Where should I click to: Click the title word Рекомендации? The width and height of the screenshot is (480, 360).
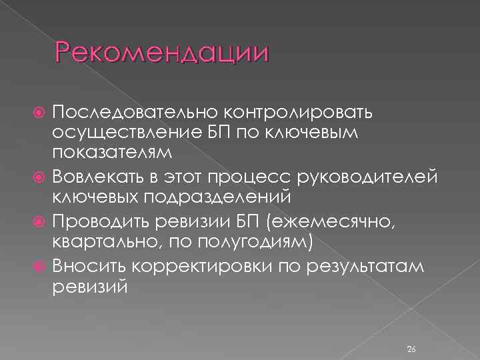[x=162, y=53]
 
